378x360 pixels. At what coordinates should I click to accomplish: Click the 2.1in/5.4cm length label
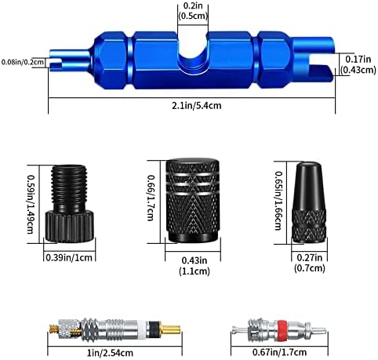click(x=196, y=106)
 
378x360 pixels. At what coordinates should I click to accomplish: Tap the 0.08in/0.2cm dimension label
click(x=23, y=62)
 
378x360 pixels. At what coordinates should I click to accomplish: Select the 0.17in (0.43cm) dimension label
click(x=358, y=64)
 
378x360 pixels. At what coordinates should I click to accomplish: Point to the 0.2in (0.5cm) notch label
click(x=193, y=11)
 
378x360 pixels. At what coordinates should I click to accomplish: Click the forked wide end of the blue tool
click(x=314, y=60)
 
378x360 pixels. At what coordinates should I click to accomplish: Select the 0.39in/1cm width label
click(x=69, y=257)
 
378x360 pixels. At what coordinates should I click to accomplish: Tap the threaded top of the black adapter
click(x=69, y=187)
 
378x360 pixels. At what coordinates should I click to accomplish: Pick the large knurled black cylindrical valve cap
click(x=192, y=200)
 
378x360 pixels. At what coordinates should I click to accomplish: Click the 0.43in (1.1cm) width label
click(x=194, y=266)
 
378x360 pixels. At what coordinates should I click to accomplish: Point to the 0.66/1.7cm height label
click(x=151, y=198)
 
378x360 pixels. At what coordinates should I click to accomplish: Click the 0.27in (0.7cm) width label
click(x=310, y=263)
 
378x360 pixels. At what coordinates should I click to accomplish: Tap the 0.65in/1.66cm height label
click(x=278, y=201)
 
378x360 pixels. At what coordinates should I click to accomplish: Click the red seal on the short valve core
click(x=281, y=330)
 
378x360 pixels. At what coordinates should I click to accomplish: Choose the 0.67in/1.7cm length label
click(x=279, y=352)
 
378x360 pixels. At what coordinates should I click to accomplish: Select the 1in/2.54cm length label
click(x=110, y=353)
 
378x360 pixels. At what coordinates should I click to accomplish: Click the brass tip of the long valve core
click(x=172, y=329)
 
